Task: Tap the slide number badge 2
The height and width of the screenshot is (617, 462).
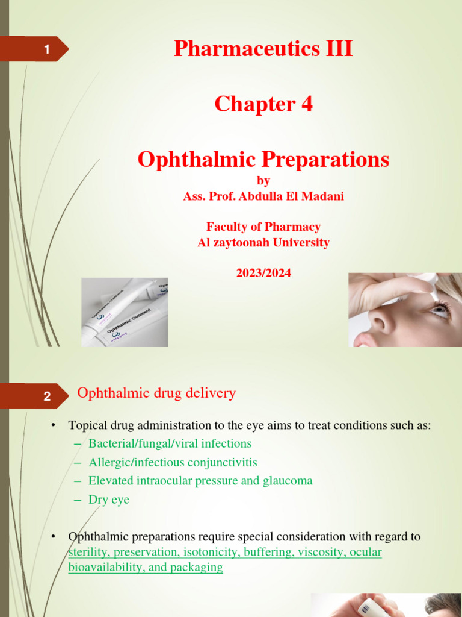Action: pos(46,396)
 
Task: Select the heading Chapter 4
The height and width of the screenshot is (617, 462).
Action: pos(263,104)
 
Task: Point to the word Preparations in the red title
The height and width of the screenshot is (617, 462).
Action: pos(325,160)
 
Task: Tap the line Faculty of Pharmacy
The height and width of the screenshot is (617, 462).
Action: pos(263,227)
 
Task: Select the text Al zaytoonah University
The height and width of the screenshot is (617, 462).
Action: pos(263,243)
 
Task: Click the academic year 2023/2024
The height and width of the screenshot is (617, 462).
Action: pos(263,273)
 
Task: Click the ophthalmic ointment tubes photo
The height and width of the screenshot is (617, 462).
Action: pos(125,312)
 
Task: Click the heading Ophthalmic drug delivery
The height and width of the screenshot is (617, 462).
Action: pos(156,393)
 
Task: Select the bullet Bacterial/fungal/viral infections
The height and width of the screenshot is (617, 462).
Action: pos(170,443)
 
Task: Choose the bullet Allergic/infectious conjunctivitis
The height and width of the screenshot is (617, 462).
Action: pos(173,463)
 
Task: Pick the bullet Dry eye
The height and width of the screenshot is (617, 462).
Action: pos(109,500)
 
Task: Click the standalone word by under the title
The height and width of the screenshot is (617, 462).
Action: pos(263,181)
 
